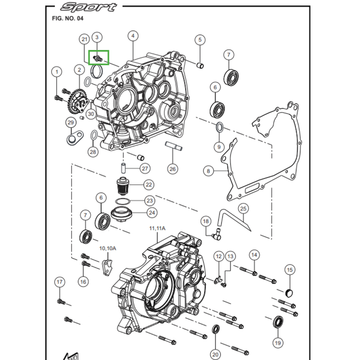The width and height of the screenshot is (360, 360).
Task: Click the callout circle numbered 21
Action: point(84,40)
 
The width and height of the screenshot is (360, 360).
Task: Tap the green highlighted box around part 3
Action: point(99,58)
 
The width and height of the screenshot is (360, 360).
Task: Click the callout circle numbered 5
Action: point(200,40)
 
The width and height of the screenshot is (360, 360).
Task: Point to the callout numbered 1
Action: point(56,72)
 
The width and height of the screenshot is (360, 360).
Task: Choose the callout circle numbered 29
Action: point(70,122)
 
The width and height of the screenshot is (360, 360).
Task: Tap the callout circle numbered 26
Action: point(173,169)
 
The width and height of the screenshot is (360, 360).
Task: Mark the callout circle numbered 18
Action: point(206,221)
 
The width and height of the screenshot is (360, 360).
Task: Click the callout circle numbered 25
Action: point(243,209)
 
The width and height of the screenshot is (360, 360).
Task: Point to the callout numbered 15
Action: point(289,270)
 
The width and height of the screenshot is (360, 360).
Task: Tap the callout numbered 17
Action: point(60,282)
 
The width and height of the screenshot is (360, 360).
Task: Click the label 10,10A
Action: point(108,248)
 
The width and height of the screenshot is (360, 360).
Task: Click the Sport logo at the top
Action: point(89,7)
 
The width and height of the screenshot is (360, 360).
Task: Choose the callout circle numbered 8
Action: point(208,171)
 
